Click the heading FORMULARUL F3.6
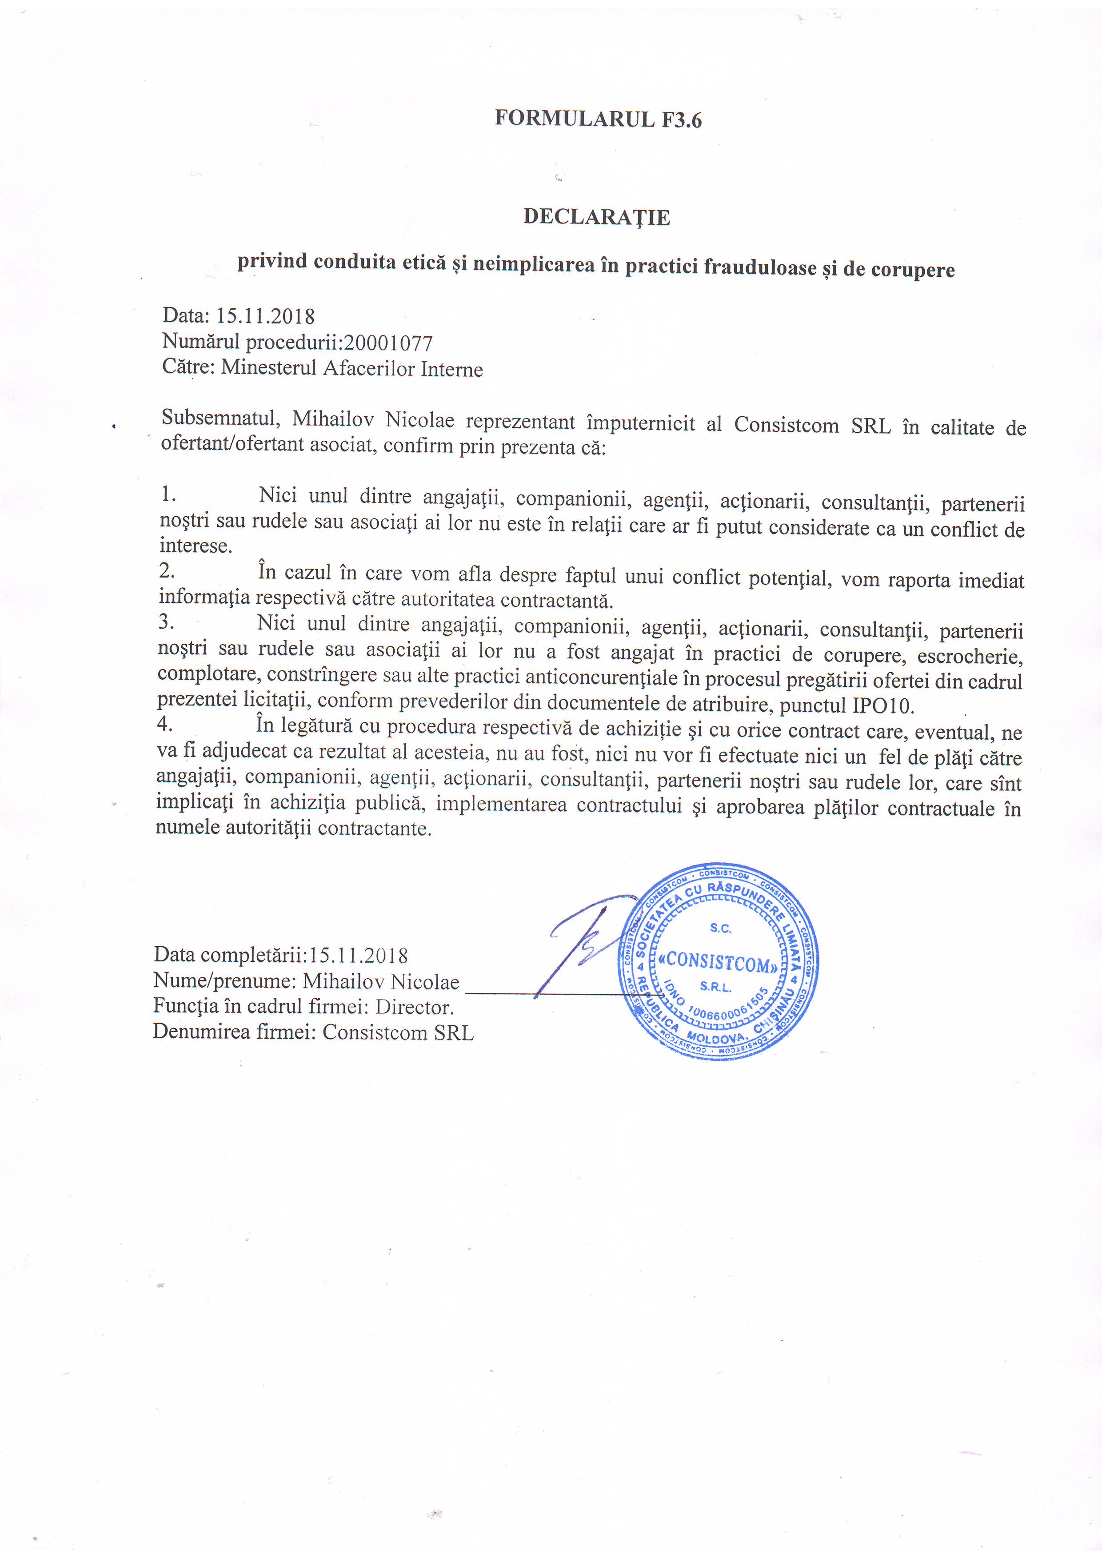pyautogui.click(x=598, y=120)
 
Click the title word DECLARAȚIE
pyautogui.click(x=596, y=217)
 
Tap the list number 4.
pyautogui.click(x=164, y=724)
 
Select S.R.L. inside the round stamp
pyautogui.click(x=716, y=987)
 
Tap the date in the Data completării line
pyautogui.click(x=358, y=956)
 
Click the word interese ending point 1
pyautogui.click(x=196, y=546)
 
